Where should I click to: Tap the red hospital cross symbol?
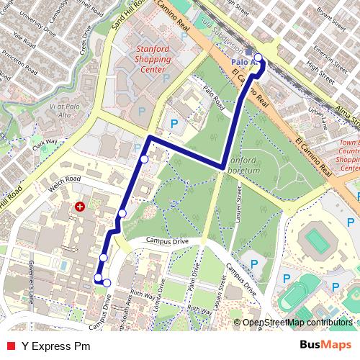(79, 207)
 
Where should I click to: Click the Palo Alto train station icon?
(248, 53)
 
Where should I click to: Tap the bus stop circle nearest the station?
(258, 58)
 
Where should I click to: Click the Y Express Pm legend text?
(55, 346)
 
